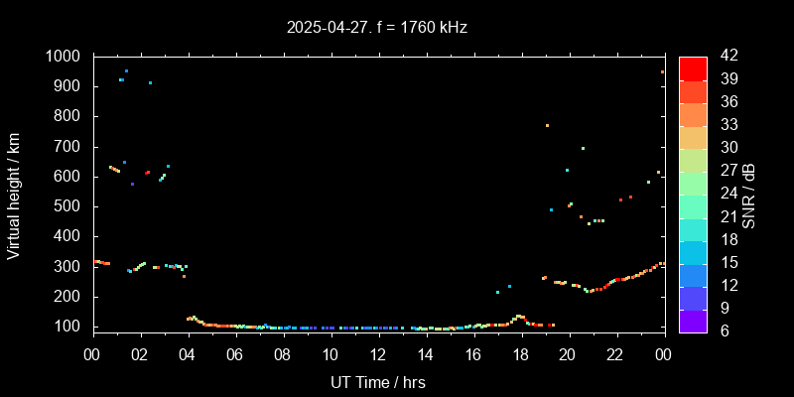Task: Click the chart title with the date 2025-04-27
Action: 376,28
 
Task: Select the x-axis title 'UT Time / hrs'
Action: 378,381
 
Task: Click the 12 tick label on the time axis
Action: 378,354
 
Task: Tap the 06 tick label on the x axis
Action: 235,354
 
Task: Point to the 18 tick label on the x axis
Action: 520,354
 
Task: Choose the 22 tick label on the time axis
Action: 615,354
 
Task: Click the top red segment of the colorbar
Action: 693,67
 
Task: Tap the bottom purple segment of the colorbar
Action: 693,320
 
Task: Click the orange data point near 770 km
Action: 547,125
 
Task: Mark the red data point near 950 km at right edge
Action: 662,71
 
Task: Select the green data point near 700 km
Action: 583,148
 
